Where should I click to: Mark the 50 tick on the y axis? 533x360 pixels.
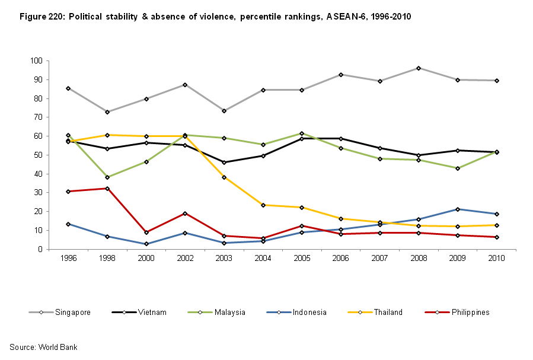point(37,155)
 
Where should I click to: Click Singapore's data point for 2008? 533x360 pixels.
point(419,68)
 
